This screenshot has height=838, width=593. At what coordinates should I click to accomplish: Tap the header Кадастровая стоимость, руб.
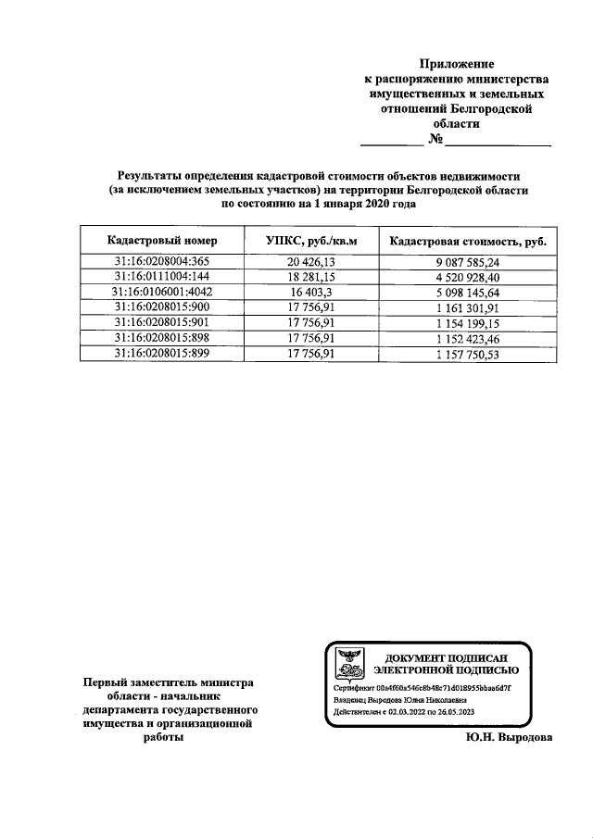[x=468, y=241]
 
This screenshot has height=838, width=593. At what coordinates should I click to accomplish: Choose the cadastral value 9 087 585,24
[x=468, y=262]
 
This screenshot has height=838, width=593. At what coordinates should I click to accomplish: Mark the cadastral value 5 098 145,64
[x=468, y=291]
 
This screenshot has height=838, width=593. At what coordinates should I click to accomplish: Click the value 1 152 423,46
[x=468, y=338]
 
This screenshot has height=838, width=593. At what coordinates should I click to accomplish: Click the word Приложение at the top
[x=457, y=64]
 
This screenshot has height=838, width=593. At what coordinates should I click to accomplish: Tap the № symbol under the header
[x=435, y=140]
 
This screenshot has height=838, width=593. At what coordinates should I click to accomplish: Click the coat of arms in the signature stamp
[x=349, y=661]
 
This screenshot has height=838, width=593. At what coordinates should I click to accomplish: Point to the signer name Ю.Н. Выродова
[x=509, y=738]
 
